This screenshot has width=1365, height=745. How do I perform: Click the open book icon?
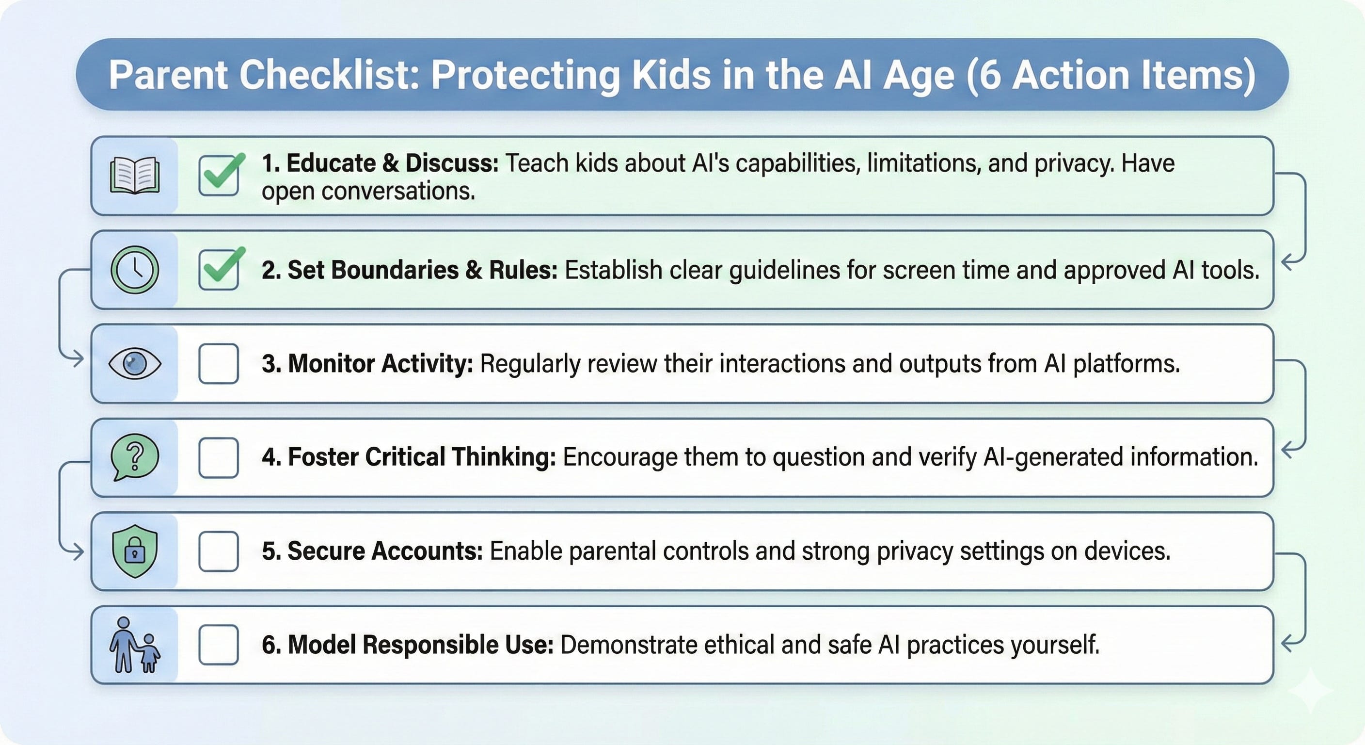point(135,176)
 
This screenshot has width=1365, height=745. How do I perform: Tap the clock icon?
point(135,269)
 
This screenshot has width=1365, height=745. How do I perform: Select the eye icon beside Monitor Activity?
point(135,363)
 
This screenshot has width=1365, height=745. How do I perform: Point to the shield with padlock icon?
point(135,551)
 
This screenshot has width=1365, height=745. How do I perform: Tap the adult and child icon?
point(135,645)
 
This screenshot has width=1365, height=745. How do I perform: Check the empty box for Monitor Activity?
point(218,363)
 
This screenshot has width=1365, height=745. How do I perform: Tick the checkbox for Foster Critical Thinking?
point(218,457)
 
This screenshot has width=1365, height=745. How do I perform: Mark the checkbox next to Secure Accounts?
point(218,551)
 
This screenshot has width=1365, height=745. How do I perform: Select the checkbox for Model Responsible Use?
point(218,645)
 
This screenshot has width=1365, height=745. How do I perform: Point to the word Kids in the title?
point(671,75)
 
